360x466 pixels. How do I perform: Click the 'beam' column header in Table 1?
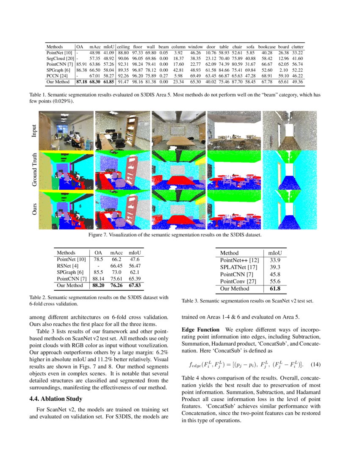click(x=163, y=47)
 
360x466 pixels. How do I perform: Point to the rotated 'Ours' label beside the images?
click(x=34, y=210)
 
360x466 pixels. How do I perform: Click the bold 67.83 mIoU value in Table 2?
click(x=135, y=286)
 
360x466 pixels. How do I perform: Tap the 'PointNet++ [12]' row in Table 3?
click(x=239, y=260)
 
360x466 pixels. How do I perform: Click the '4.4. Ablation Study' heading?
click(x=59, y=399)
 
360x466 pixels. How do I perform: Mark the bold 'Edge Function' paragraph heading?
click(x=200, y=330)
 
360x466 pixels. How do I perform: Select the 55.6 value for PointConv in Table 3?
click(x=274, y=281)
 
